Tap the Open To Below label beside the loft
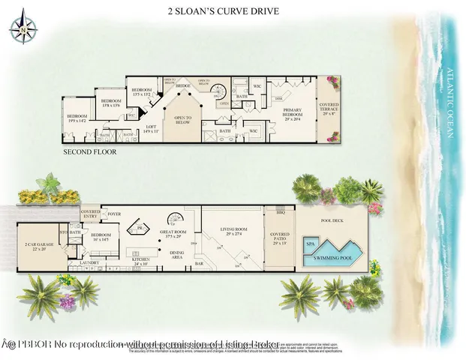184,119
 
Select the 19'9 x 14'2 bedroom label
78,118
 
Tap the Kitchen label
140,262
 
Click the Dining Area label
177,255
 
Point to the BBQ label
281,212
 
